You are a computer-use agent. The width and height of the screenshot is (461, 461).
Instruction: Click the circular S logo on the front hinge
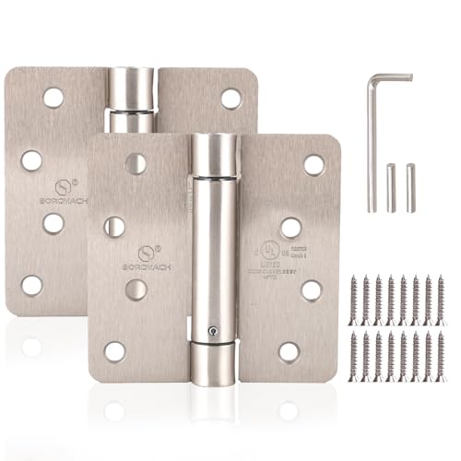click(145, 252)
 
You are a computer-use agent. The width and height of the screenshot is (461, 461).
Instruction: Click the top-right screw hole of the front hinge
click(313, 165)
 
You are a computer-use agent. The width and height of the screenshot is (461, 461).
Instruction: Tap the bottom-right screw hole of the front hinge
click(290, 351)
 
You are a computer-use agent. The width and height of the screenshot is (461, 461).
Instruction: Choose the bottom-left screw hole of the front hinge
click(115, 351)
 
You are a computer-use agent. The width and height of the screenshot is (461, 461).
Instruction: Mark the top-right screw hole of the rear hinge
click(230, 98)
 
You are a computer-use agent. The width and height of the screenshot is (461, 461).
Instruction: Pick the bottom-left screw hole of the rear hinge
click(32, 285)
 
